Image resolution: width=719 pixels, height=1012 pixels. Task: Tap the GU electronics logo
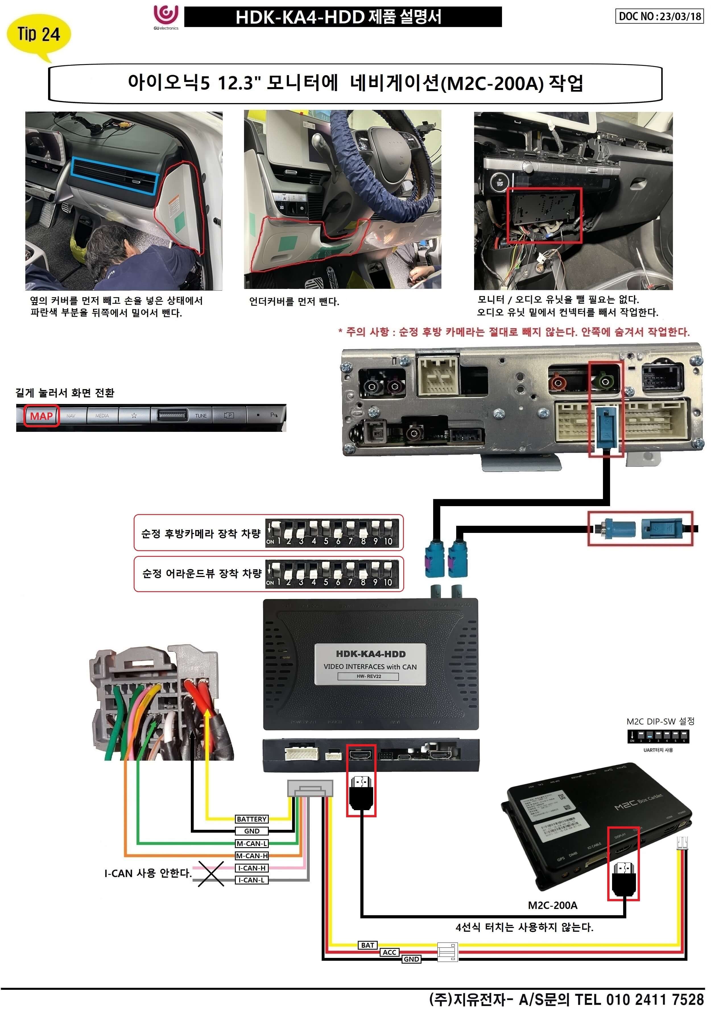coord(166,17)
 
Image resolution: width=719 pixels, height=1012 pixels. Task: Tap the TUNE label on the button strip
coord(201,416)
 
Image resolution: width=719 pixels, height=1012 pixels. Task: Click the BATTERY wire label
coord(251,819)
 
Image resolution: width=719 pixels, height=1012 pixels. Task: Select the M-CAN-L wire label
coord(251,843)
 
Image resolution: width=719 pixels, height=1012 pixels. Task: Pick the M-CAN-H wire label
coord(251,856)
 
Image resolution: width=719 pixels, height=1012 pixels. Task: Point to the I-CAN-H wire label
coord(251,868)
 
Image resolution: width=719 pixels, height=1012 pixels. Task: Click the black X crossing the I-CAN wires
coord(211,873)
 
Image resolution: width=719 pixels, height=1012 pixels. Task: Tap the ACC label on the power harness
coord(390,952)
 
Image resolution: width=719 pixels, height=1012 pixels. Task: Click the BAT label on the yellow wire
coord(367,945)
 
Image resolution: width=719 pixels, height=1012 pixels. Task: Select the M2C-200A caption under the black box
coord(553,905)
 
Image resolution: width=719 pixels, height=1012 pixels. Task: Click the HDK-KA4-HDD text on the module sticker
coord(371,654)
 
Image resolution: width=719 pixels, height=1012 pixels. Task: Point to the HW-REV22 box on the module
coord(368,676)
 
